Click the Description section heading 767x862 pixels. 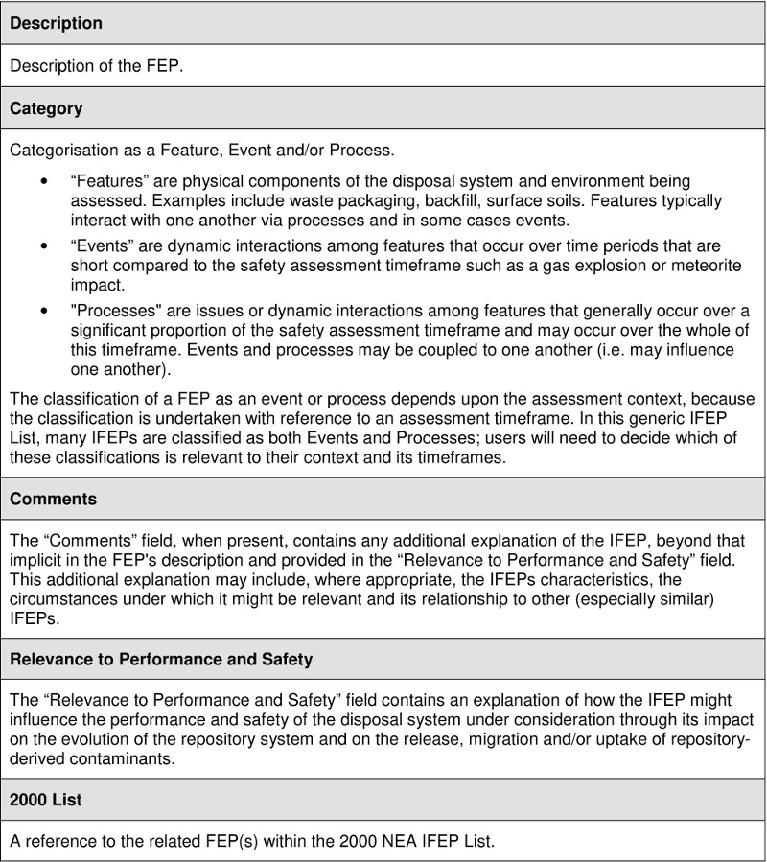tap(56, 23)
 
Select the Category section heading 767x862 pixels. tap(46, 108)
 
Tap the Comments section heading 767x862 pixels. tap(53, 500)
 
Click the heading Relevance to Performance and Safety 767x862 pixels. tap(161, 660)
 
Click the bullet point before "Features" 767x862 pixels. tap(44, 181)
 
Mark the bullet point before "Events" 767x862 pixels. tap(44, 246)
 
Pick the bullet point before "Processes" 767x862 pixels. tap(44, 312)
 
